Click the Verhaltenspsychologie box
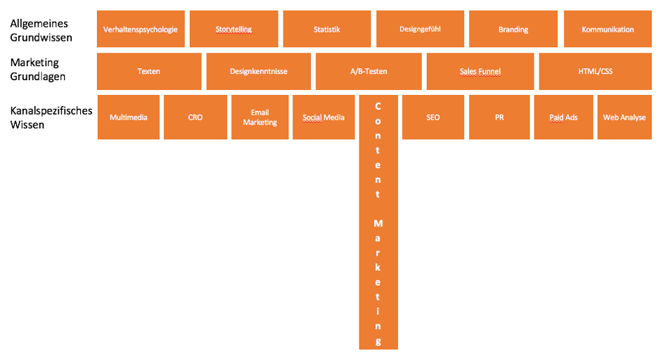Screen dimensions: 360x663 [x=141, y=30]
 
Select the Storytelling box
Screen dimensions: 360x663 [x=234, y=30]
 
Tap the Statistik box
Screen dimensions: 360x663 [x=327, y=30]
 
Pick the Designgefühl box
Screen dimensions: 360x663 [x=420, y=30]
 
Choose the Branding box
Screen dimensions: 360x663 [x=513, y=30]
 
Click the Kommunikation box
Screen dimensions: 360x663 [x=607, y=30]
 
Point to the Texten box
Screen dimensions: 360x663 [x=149, y=71]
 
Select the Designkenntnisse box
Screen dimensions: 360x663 [x=258, y=71]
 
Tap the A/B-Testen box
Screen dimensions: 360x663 [x=368, y=71]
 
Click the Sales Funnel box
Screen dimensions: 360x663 [x=480, y=71]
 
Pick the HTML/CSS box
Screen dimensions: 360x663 [x=595, y=71]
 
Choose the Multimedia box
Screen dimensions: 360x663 [x=128, y=117]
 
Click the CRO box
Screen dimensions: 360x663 [x=195, y=117]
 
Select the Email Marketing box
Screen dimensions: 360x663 [x=260, y=117]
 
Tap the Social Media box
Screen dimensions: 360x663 [x=323, y=117]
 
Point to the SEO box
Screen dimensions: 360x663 [x=433, y=117]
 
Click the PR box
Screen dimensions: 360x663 [x=499, y=117]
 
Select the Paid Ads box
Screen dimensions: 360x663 [x=563, y=117]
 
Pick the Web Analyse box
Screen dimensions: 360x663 [x=624, y=117]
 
